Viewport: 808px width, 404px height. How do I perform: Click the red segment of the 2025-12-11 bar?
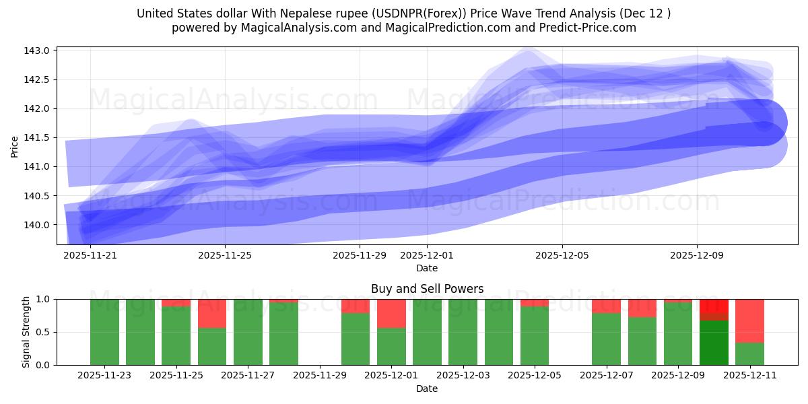point(749,321)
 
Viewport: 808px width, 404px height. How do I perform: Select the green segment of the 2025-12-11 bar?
point(749,354)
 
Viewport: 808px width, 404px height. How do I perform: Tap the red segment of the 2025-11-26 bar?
point(212,313)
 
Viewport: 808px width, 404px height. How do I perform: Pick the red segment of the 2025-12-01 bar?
point(391,313)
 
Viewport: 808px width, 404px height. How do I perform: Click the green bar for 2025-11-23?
point(104,332)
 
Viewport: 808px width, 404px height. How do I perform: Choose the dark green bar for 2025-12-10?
point(714,343)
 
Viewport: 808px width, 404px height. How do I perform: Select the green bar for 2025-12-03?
point(463,332)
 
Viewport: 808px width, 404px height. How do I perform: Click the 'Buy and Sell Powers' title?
point(427,289)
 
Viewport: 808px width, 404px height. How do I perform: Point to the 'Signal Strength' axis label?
point(26,332)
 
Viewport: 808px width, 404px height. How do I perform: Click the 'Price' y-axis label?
point(15,145)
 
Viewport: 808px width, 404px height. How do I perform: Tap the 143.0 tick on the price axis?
point(37,50)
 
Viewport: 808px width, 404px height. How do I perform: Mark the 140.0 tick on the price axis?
point(37,225)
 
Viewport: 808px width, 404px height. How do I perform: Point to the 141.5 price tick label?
point(37,137)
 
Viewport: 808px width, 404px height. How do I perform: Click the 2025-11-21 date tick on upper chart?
point(90,255)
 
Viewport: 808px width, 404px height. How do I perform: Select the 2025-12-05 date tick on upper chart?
point(562,255)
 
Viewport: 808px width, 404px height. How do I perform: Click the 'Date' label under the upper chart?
point(427,268)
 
